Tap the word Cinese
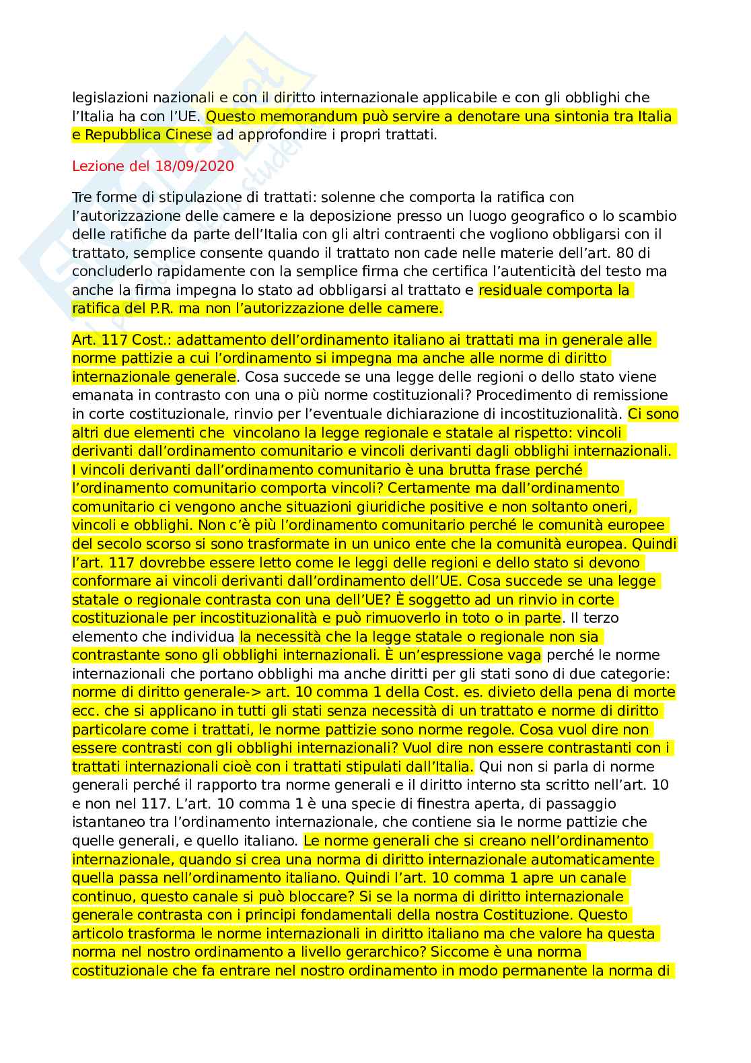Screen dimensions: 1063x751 (188, 135)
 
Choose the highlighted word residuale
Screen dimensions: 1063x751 (510, 290)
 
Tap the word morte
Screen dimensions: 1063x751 (653, 692)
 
